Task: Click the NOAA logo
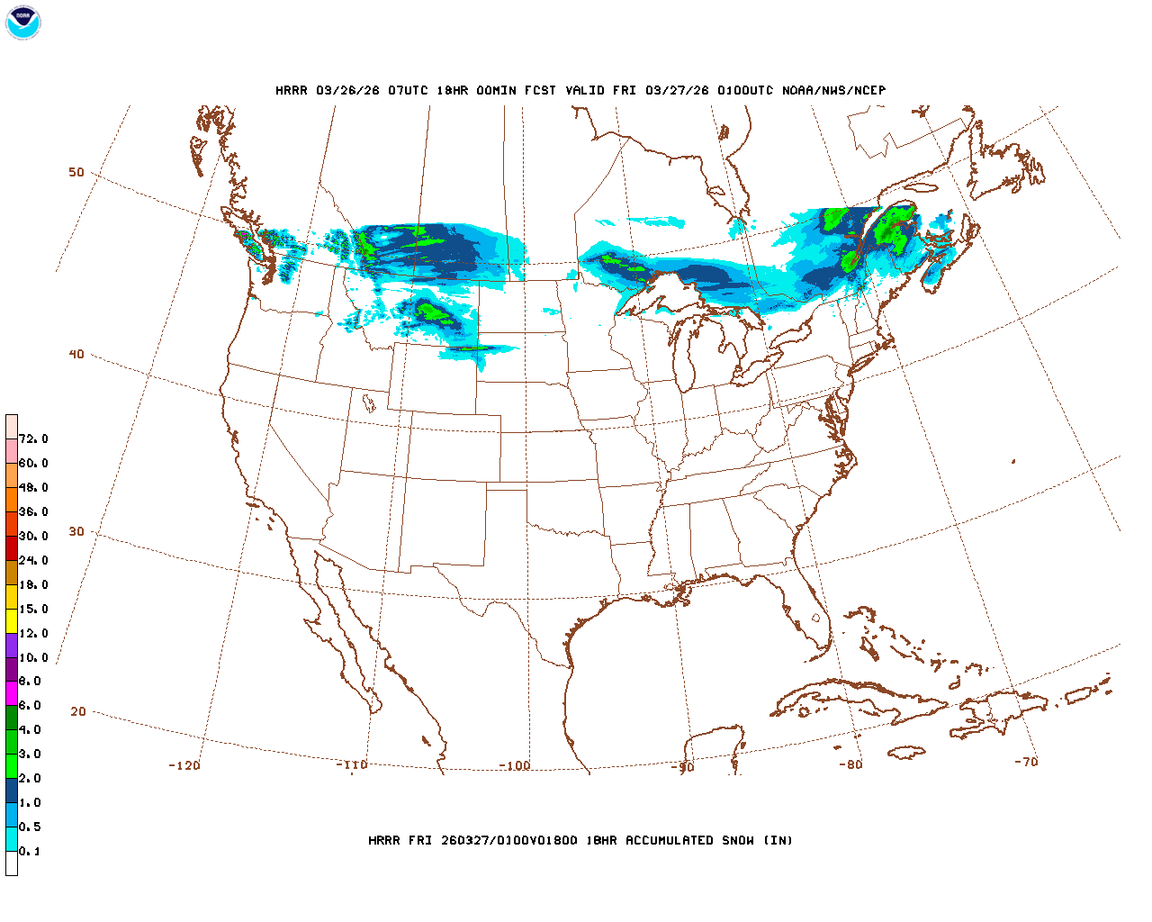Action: point(22,22)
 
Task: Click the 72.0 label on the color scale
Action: point(33,439)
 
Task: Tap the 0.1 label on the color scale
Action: point(30,851)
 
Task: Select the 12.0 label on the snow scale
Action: point(33,633)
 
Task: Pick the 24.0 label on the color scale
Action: point(33,560)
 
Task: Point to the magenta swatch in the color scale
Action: point(12,693)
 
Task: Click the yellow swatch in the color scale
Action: point(12,620)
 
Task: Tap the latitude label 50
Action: point(76,172)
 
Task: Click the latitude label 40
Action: point(76,354)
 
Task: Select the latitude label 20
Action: point(78,711)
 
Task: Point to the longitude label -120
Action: point(184,765)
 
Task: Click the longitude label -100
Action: point(515,765)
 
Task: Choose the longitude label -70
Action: point(1026,762)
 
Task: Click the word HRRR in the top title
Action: point(292,90)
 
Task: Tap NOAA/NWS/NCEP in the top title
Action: point(833,90)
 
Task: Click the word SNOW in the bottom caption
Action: point(738,840)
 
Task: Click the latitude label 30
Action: point(76,531)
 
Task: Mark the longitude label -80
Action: point(850,764)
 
